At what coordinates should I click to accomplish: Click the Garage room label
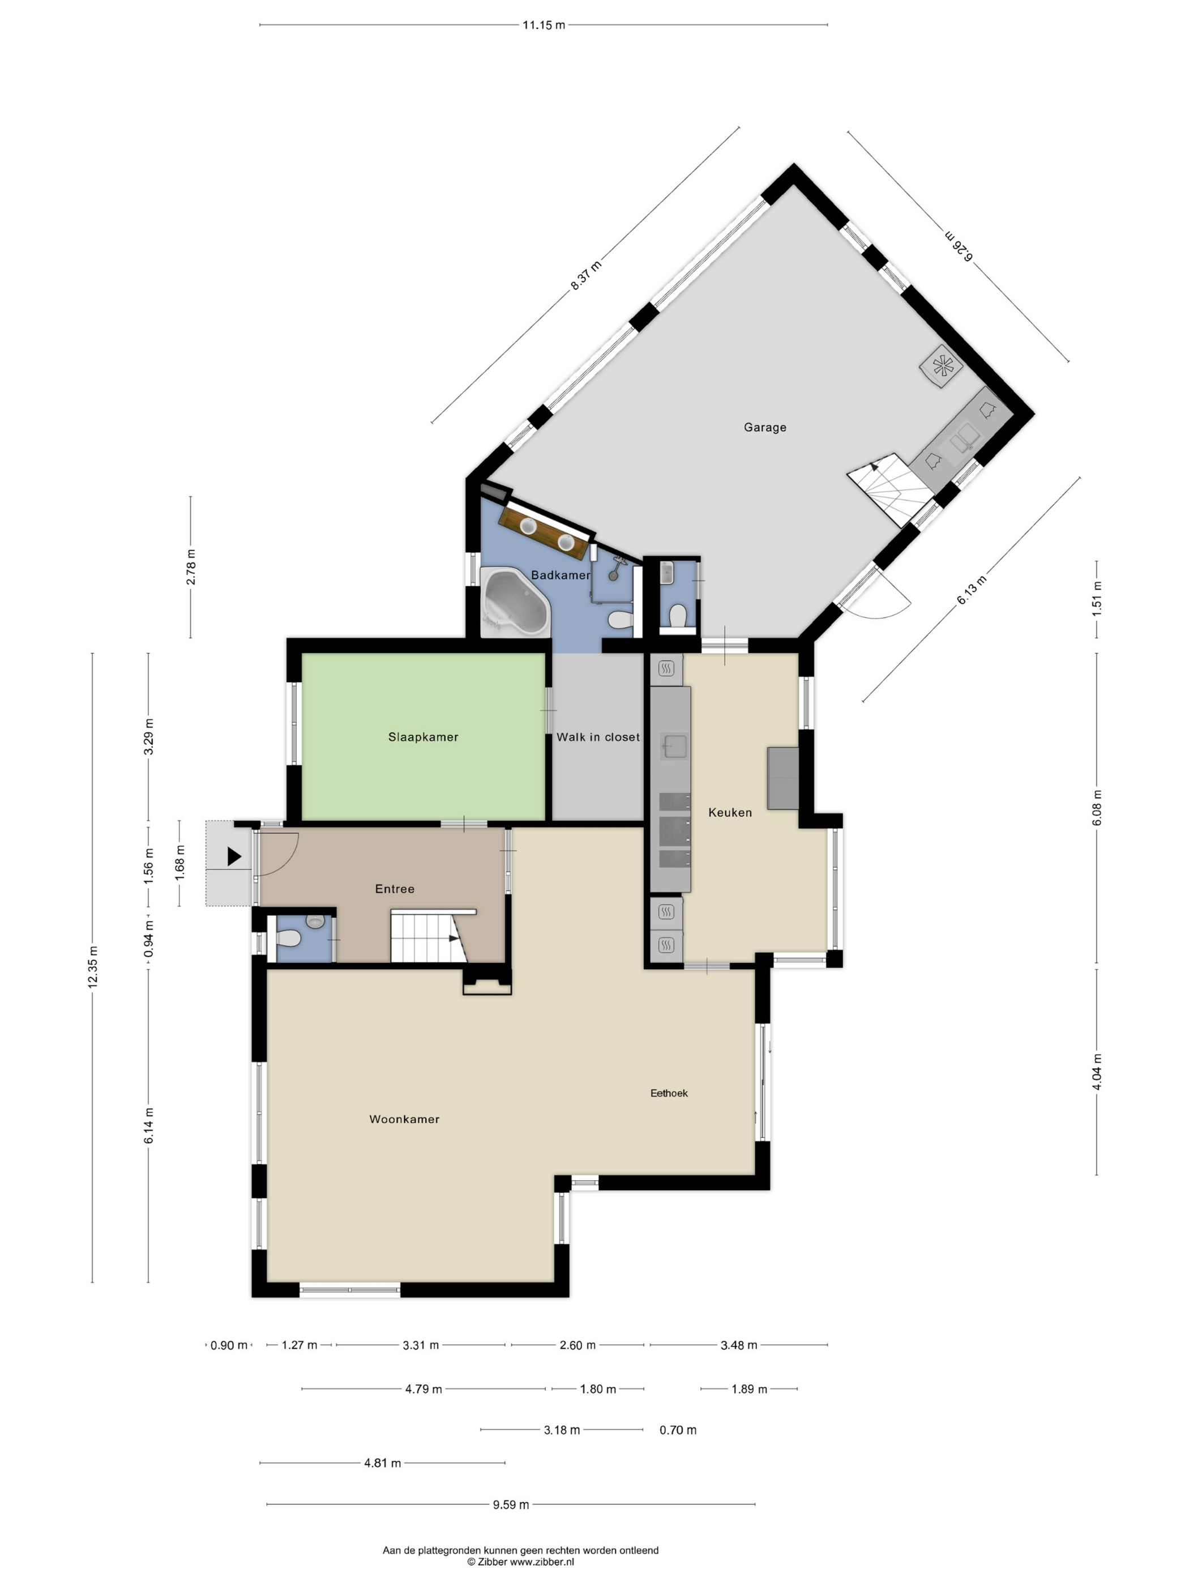point(765,427)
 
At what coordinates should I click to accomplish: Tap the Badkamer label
point(561,575)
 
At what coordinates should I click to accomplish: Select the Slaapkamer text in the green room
point(423,737)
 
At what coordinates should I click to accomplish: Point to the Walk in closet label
point(598,737)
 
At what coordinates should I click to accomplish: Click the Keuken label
point(730,812)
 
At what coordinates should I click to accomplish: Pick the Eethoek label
point(669,1093)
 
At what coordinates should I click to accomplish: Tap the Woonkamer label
point(404,1119)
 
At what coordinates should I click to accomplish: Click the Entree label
point(394,889)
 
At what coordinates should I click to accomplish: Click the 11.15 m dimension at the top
point(543,25)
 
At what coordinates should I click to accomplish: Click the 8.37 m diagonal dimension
point(585,275)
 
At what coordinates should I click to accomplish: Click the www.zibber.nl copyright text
point(520,1562)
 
